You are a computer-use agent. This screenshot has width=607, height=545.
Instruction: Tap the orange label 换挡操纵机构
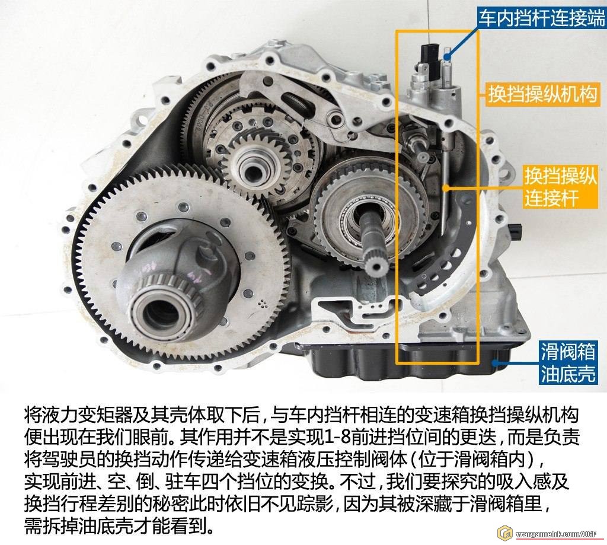point(542,94)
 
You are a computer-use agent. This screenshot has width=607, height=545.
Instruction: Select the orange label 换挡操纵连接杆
point(560,187)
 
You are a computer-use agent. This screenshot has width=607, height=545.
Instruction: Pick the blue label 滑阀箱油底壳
point(567,362)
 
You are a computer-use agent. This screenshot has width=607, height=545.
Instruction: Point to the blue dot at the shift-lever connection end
point(448,57)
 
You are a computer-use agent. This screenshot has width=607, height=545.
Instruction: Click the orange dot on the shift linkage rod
point(446,188)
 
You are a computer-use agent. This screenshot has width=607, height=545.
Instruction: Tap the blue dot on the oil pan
point(496,362)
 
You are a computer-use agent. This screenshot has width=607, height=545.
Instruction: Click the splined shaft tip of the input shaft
point(375,264)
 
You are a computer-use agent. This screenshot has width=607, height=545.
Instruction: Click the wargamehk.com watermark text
point(556,534)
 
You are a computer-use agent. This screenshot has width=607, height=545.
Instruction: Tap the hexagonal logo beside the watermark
point(505,533)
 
